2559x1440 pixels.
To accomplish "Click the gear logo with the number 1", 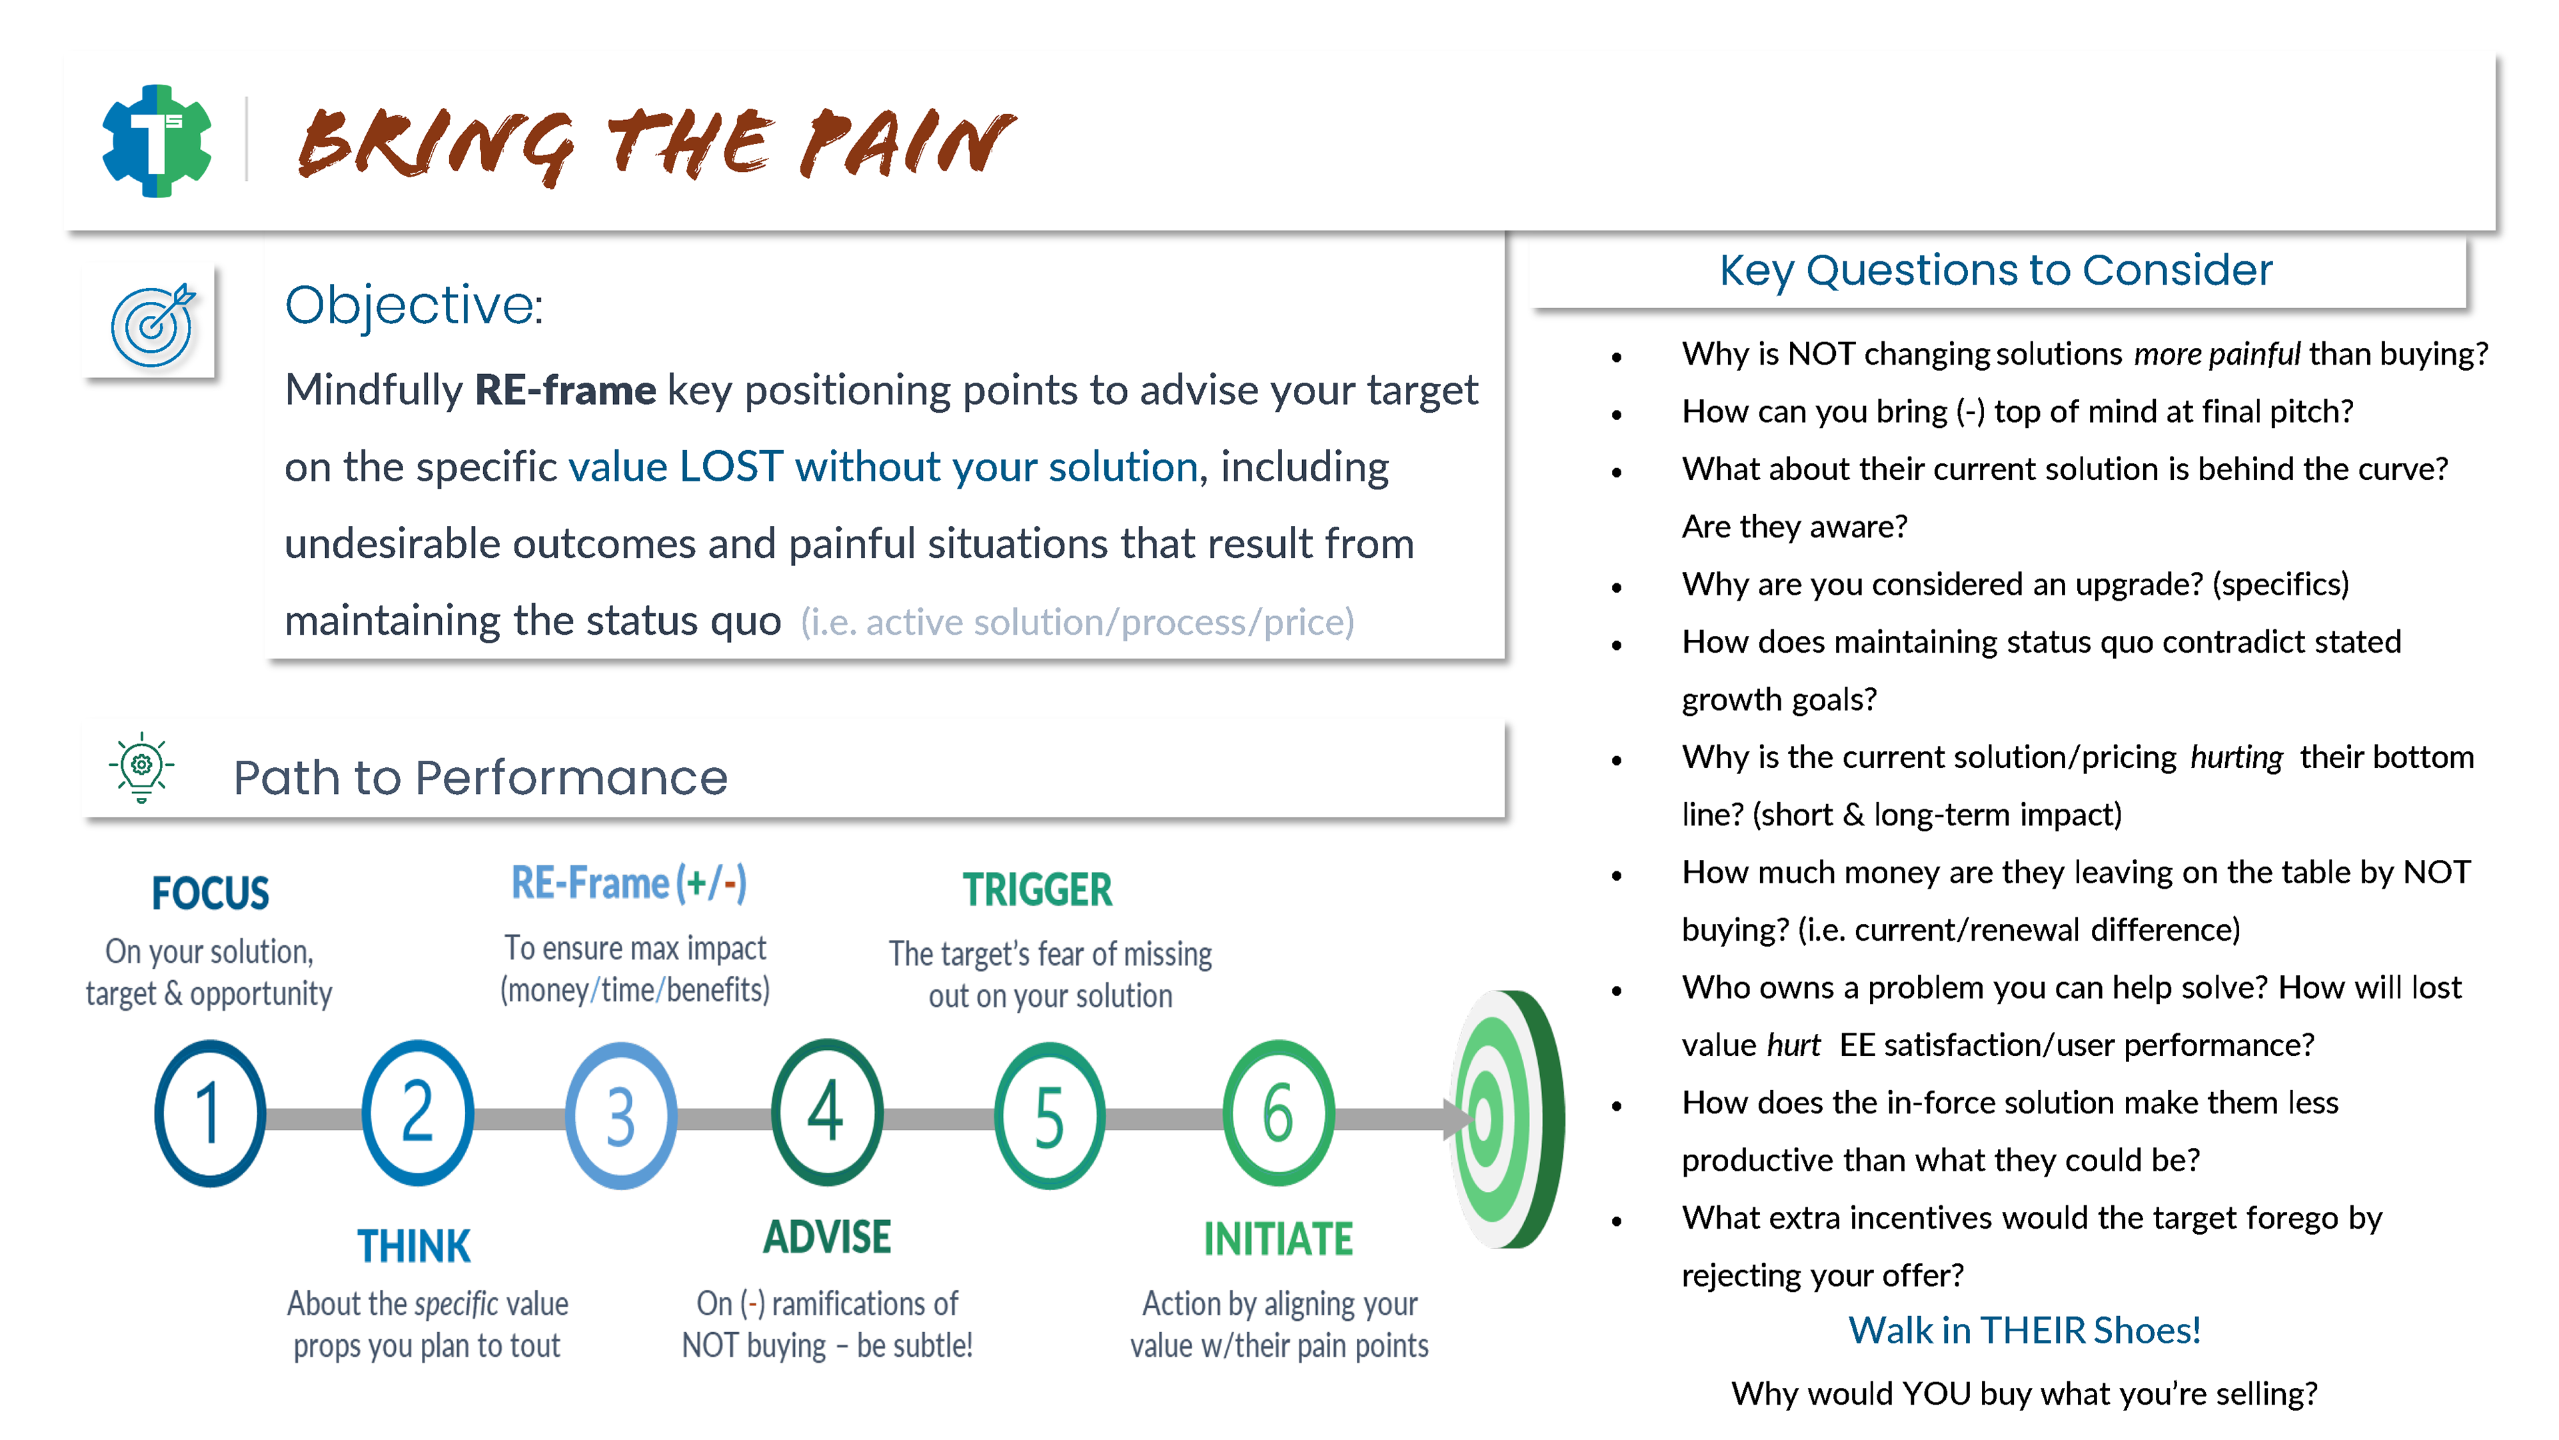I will pyautogui.click(x=157, y=141).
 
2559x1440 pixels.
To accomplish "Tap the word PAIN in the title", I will pyautogui.click(x=909, y=144).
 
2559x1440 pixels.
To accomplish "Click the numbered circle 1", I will pyautogui.click(x=210, y=1113).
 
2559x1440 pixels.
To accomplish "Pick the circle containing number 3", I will pyautogui.click(x=621, y=1115).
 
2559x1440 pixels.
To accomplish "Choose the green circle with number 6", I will pyautogui.click(x=1278, y=1113).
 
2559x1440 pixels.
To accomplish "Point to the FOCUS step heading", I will pyautogui.click(x=210, y=893).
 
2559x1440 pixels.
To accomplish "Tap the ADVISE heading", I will pyautogui.click(x=826, y=1238).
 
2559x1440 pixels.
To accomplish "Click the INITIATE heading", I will pyautogui.click(x=1278, y=1239).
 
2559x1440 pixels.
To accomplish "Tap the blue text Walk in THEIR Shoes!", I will pyautogui.click(x=2024, y=1330).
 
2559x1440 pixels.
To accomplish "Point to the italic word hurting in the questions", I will pyautogui.click(x=2236, y=757).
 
